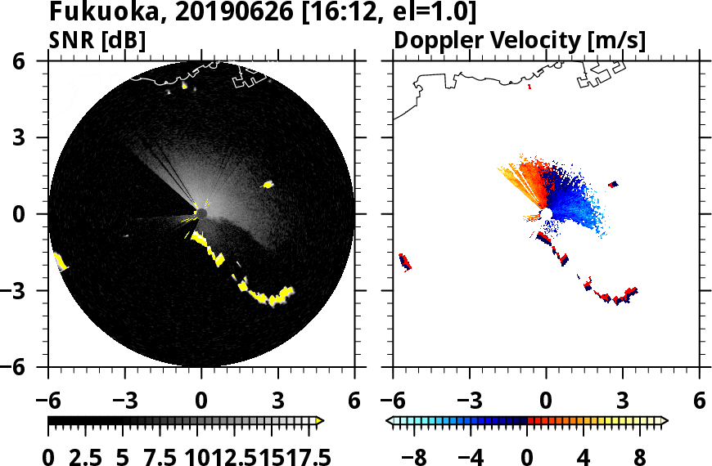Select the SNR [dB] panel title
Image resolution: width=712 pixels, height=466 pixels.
coord(97,39)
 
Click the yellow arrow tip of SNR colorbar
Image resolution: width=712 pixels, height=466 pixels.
coord(320,421)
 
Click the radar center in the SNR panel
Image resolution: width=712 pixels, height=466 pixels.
coord(201,213)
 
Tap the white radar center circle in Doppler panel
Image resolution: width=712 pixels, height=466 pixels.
coord(546,213)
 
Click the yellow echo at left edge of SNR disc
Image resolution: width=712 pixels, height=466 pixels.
coord(60,262)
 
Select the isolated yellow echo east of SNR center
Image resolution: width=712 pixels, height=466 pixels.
coord(268,185)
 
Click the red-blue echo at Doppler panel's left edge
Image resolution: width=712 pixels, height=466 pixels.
coord(404,262)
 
